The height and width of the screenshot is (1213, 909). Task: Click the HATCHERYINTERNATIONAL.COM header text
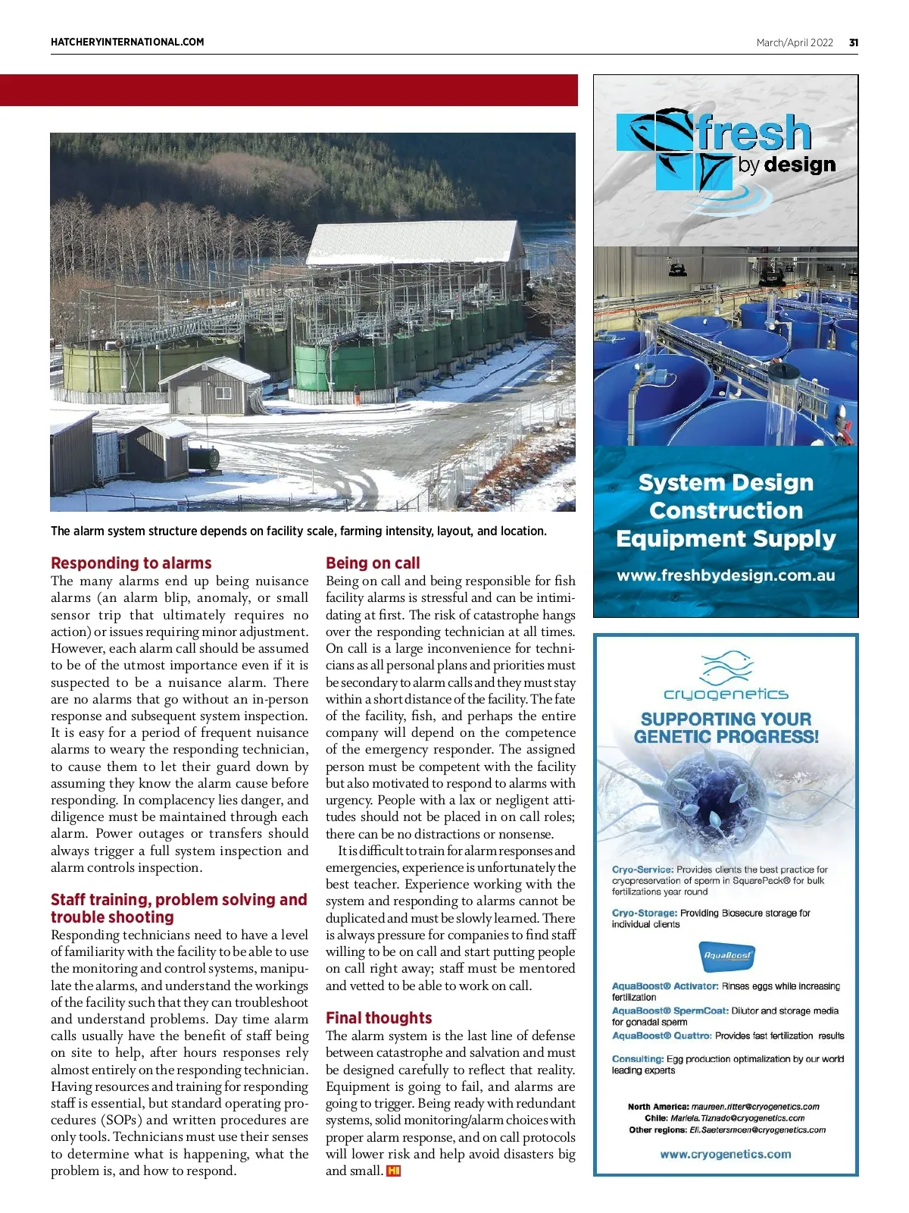click(127, 42)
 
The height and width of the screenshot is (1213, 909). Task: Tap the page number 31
click(854, 43)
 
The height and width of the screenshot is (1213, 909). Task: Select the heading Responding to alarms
click(131, 563)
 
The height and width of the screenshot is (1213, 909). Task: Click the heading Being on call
click(373, 563)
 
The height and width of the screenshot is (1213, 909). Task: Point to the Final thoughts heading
click(379, 1018)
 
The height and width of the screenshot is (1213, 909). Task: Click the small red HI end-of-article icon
click(393, 1171)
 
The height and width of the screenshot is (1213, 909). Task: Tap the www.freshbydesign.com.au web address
click(726, 575)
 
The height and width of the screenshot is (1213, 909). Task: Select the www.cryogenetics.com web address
click(726, 1155)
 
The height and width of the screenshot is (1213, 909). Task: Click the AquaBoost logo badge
click(726, 957)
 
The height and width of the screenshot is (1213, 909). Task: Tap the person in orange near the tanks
click(356, 393)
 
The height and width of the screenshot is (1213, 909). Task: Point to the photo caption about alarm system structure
click(298, 531)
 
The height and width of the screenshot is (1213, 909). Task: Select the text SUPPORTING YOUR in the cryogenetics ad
click(726, 719)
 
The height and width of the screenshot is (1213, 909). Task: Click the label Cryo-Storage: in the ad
click(645, 914)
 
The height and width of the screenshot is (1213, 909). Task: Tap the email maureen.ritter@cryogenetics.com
click(755, 1107)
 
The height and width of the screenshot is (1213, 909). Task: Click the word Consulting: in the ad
click(638, 1059)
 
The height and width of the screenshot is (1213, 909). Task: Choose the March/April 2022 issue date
click(795, 43)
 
